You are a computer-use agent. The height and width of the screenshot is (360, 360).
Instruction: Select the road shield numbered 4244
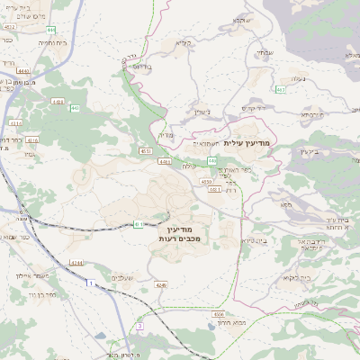point(76,263)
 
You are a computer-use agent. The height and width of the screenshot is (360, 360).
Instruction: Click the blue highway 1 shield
point(90,284)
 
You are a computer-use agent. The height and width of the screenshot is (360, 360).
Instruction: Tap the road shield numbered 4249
point(161,284)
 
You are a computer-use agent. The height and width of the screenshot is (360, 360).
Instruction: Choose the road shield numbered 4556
point(220,314)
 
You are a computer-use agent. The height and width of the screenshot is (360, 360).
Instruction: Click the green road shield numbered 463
point(281,90)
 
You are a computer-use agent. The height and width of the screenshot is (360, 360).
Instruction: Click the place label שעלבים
point(126,277)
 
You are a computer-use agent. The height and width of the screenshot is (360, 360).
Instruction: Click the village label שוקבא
point(242,20)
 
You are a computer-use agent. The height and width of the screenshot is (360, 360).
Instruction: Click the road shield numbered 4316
point(33,141)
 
